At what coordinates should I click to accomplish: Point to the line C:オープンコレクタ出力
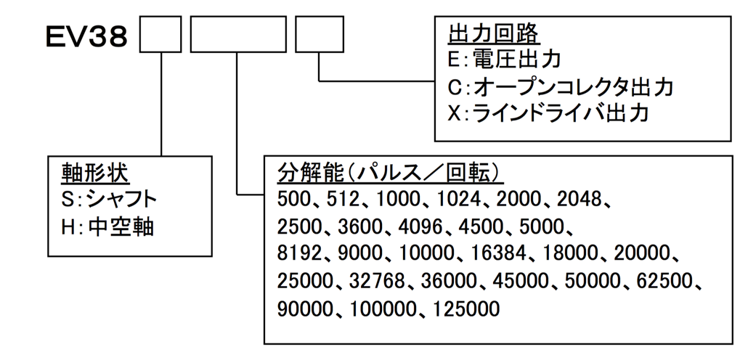point(561,87)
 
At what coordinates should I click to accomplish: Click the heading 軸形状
point(94,173)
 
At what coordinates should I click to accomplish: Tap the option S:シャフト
point(109,200)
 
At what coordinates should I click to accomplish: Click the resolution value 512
point(344,200)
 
